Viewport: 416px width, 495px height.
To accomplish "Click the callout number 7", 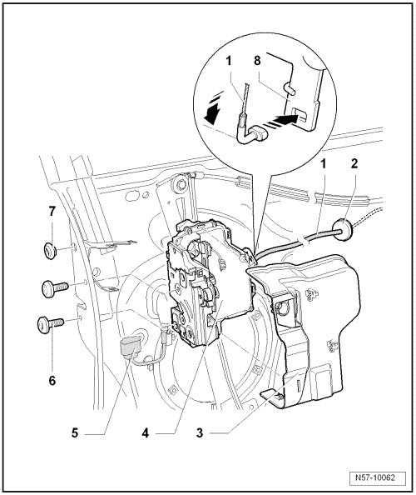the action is pyautogui.click(x=52, y=211).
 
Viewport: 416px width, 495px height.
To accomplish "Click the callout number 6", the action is pyautogui.click(x=52, y=381).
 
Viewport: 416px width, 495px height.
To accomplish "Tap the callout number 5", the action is pyautogui.click(x=75, y=432).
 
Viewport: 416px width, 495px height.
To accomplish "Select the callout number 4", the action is pyautogui.click(x=146, y=432).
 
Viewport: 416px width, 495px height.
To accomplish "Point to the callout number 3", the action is pyautogui.click(x=200, y=432).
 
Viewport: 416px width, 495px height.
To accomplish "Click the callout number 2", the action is pyautogui.click(x=354, y=163).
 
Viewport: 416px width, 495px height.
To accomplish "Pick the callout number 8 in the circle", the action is pyautogui.click(x=257, y=61).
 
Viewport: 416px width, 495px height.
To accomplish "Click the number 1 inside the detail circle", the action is pyautogui.click(x=229, y=61).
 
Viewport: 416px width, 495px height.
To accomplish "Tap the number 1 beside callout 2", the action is pyautogui.click(x=323, y=163).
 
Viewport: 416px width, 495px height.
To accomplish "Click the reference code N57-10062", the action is pyautogui.click(x=378, y=477).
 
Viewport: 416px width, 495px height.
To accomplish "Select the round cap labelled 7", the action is pyautogui.click(x=51, y=251).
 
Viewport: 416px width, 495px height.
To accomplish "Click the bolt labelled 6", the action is pyautogui.click(x=50, y=324).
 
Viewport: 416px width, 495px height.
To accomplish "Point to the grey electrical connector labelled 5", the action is pyautogui.click(x=131, y=347).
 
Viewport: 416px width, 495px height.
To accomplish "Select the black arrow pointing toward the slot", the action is pyautogui.click(x=286, y=120).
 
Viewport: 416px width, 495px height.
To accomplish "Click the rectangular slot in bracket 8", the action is pyautogui.click(x=300, y=115).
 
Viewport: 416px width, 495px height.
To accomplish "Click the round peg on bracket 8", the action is pyautogui.click(x=290, y=87).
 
